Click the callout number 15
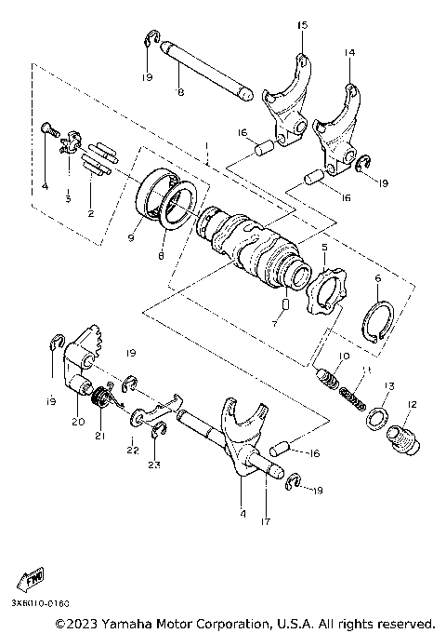point(301,25)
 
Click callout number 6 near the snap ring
point(377,278)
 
